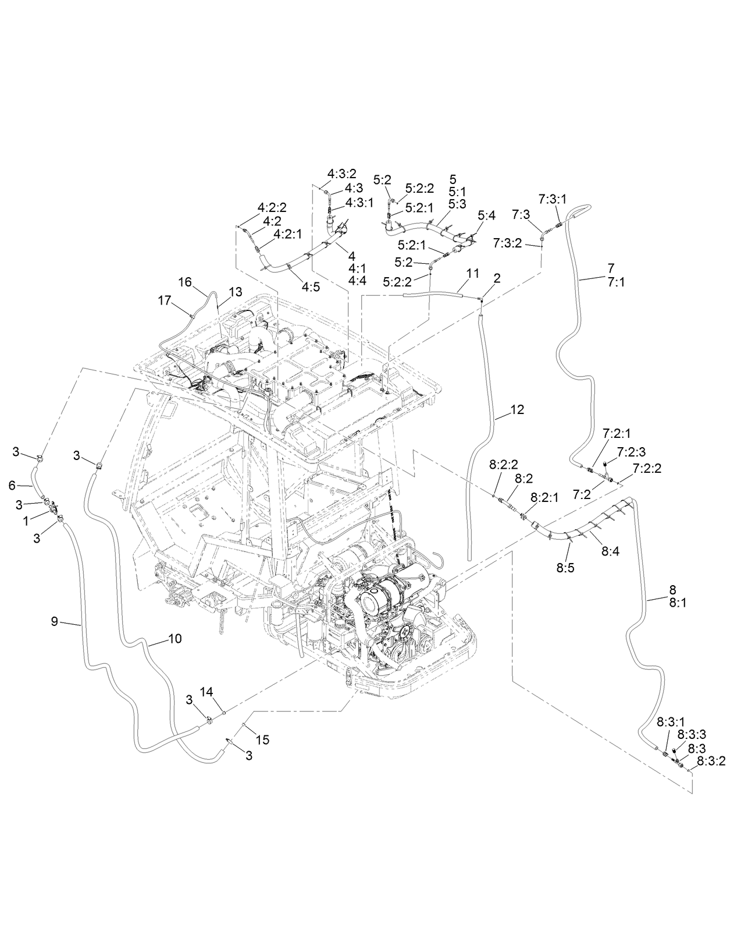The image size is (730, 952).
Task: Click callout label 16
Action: (184, 282)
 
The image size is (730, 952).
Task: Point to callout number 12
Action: (517, 410)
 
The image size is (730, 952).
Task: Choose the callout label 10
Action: (175, 639)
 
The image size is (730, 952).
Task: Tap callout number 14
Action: (207, 691)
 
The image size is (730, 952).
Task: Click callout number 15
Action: (262, 739)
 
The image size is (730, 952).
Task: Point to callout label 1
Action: (26, 522)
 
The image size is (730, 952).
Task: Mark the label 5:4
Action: (486, 216)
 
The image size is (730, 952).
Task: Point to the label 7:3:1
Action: (552, 199)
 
